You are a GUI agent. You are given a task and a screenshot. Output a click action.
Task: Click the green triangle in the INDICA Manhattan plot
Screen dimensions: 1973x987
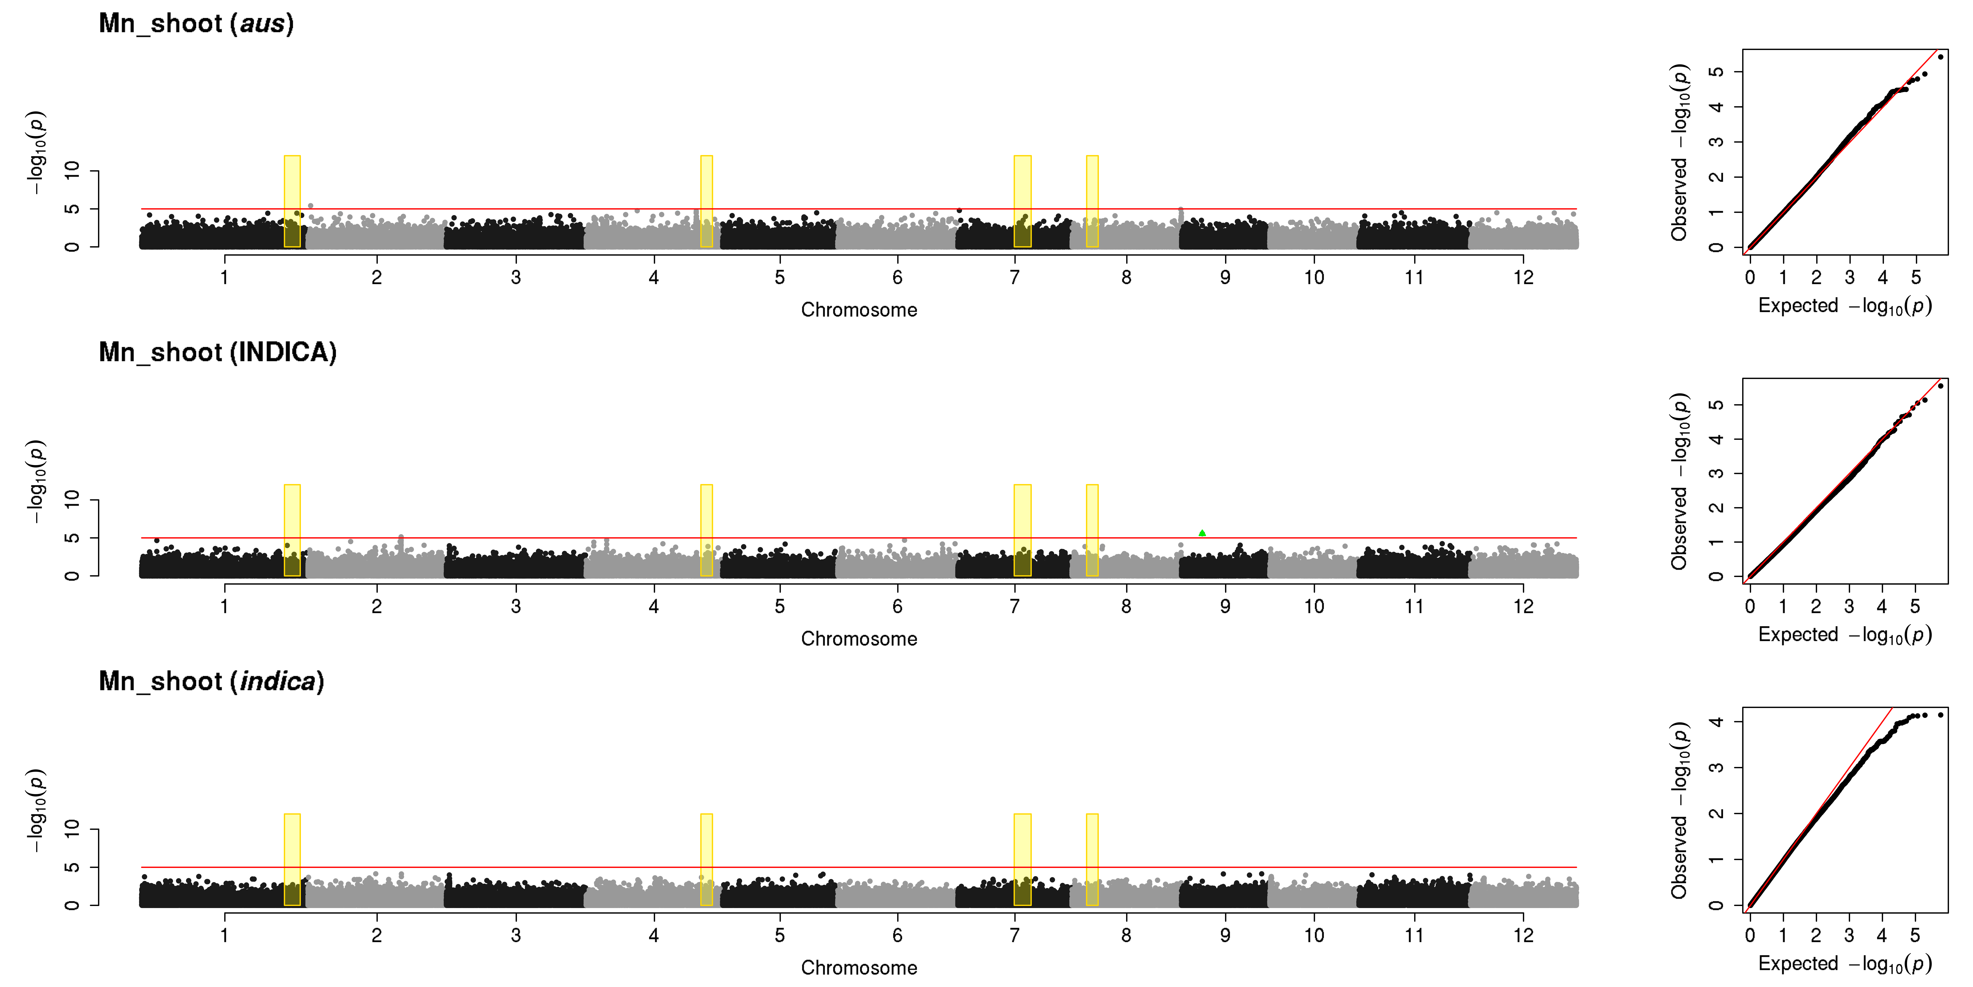point(1202,533)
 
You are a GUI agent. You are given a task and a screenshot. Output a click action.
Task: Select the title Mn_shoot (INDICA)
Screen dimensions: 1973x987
point(217,352)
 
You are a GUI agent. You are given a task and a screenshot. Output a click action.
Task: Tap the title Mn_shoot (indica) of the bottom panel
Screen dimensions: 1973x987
point(211,681)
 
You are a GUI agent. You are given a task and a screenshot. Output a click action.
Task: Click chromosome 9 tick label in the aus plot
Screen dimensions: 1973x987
point(1226,277)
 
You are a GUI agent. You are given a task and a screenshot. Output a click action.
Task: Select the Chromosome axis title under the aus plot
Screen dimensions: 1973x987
point(859,310)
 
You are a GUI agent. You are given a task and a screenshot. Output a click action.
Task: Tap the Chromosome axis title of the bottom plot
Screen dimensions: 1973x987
point(859,967)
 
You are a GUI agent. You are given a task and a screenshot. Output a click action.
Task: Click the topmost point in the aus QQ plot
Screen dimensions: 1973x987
point(1940,57)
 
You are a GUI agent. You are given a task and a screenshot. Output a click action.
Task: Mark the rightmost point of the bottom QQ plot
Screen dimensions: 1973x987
point(1940,715)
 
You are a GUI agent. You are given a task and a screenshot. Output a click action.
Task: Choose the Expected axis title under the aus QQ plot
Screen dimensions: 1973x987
point(1844,306)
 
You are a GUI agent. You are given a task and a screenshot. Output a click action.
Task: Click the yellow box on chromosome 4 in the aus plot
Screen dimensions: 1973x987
point(706,202)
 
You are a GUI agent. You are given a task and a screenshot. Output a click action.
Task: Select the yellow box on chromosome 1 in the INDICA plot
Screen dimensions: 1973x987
point(292,530)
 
